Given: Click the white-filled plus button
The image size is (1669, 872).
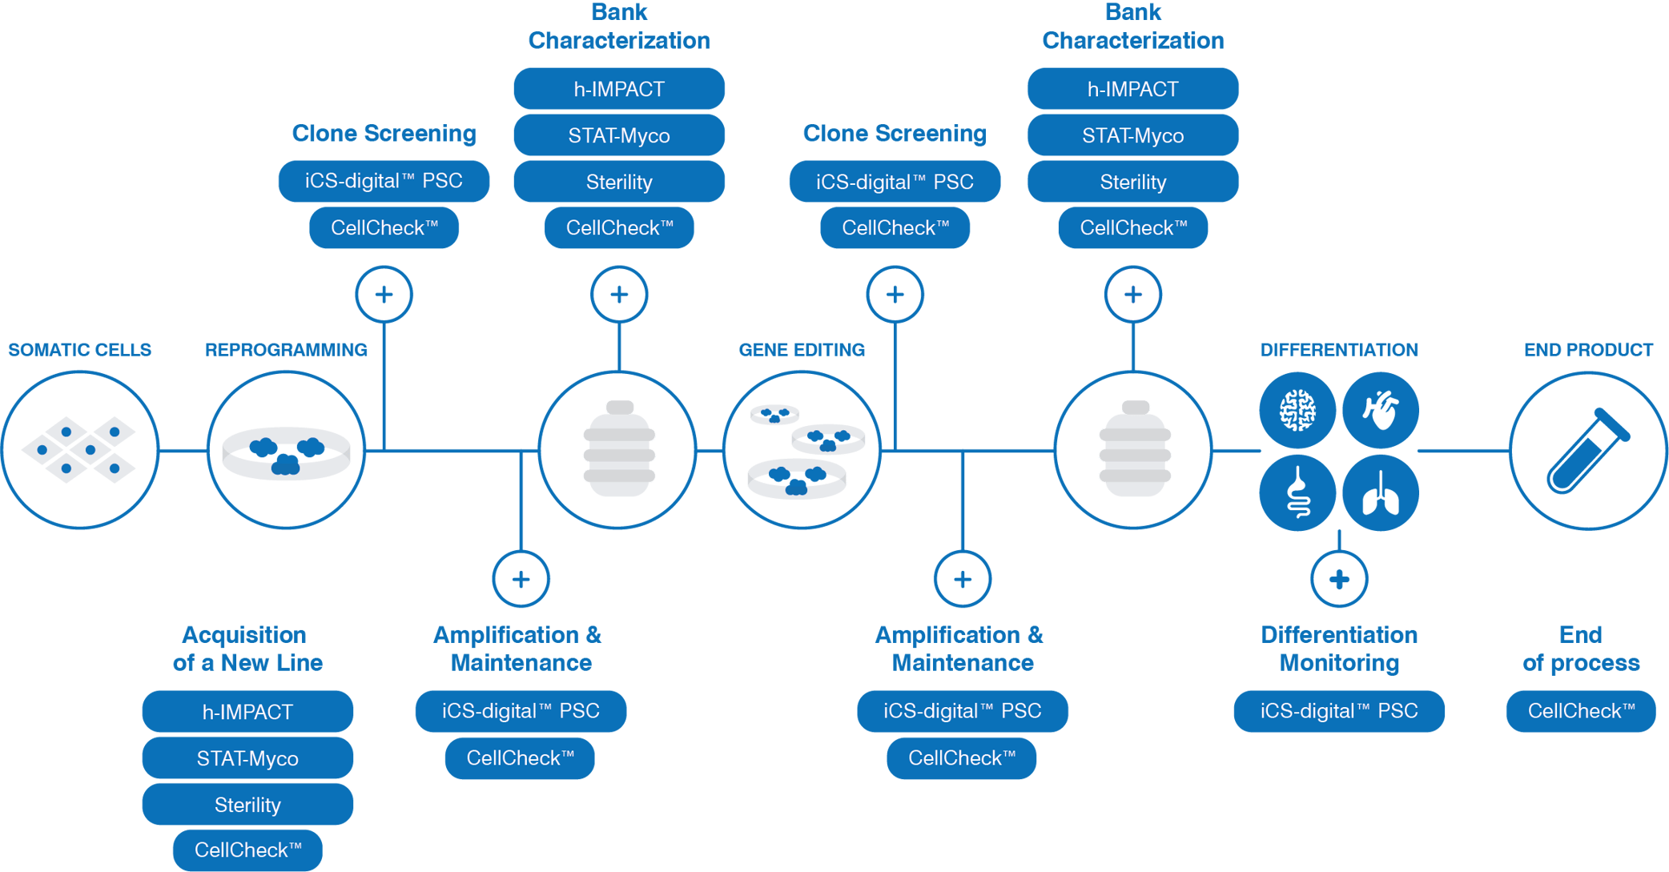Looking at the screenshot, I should point(1132,295).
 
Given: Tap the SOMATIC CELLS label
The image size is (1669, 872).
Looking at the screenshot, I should point(80,350).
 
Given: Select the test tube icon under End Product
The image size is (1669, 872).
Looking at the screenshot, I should point(1588,451).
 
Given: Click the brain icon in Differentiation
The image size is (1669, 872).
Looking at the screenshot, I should point(1297,410).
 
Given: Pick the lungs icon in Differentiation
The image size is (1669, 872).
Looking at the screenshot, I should point(1381,493).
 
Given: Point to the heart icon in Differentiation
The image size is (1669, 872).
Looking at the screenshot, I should point(1381,410).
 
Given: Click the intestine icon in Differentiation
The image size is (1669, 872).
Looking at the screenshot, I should point(1297,493).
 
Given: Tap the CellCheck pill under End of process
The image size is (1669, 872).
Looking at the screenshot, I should point(1580,711).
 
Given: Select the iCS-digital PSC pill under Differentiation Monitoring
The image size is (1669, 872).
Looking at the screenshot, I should point(1339,711).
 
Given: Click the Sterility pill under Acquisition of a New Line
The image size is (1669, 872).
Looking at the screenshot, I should point(247,805).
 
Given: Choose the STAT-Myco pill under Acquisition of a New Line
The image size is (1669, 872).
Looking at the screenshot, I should point(247,758).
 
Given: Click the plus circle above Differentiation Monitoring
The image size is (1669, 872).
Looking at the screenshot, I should point(1339,579).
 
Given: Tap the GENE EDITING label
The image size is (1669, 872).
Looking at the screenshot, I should point(802,350).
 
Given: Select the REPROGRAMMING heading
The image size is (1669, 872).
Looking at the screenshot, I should point(286,350).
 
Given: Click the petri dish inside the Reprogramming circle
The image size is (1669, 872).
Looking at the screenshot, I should point(286,452).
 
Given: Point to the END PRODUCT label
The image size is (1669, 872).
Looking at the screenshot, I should point(1588,350).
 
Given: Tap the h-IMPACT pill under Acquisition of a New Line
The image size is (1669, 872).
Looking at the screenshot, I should point(247,712).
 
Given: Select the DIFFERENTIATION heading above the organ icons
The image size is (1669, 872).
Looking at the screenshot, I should point(1339,350).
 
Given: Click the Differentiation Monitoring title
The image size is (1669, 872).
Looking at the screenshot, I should point(1339,649).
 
